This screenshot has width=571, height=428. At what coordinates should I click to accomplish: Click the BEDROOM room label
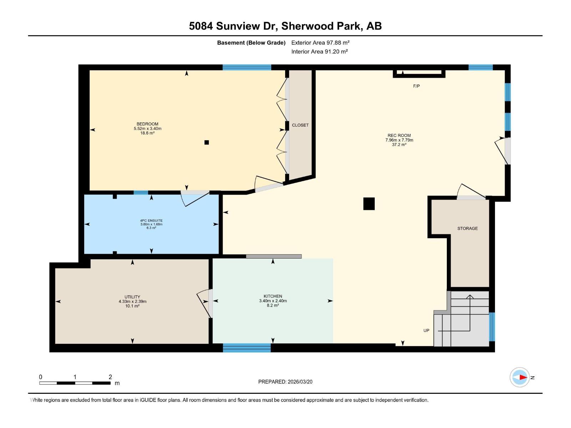click(x=147, y=124)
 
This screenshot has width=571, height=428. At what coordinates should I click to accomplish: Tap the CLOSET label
click(x=300, y=125)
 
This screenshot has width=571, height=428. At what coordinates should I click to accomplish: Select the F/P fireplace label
click(x=416, y=86)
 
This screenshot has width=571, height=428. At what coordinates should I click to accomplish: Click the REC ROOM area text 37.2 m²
click(x=399, y=145)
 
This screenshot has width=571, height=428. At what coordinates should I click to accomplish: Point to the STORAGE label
click(x=467, y=228)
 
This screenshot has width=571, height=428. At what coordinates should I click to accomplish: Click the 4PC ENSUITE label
click(x=151, y=221)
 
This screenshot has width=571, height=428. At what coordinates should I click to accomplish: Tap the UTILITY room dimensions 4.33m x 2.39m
click(x=132, y=301)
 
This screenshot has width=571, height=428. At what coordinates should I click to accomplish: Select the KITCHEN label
click(x=273, y=296)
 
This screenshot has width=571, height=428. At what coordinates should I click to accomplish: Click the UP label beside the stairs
click(x=426, y=331)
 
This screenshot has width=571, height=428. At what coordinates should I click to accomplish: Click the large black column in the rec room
click(x=369, y=204)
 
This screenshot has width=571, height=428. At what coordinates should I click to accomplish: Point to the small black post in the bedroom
click(x=206, y=142)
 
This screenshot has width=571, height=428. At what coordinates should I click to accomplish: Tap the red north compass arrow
click(x=523, y=377)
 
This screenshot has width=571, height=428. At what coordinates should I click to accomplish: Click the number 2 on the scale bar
click(x=110, y=377)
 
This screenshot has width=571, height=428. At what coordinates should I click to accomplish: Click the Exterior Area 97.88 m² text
click(x=320, y=42)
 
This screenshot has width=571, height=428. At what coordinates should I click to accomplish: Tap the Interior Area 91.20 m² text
click(x=319, y=51)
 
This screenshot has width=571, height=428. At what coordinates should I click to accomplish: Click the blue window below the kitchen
click(x=247, y=348)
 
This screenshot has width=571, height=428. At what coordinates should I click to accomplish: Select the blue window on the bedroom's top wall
click(x=247, y=67)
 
